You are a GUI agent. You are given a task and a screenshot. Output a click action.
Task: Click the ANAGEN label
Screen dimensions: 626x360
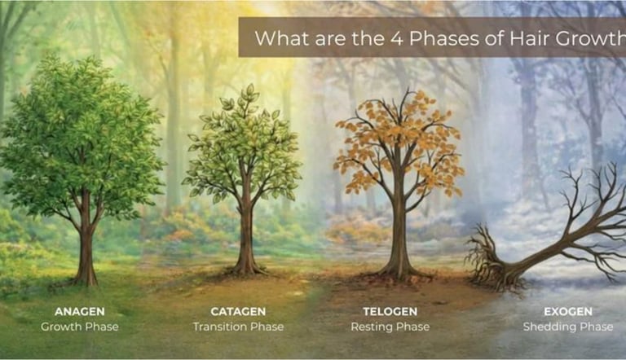pos(79,311)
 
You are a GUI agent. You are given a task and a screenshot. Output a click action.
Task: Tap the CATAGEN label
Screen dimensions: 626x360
pos(238,311)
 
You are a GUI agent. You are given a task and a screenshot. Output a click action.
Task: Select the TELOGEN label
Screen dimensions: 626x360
pos(390,311)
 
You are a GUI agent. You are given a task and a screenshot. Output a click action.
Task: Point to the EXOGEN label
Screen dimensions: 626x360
pos(567,311)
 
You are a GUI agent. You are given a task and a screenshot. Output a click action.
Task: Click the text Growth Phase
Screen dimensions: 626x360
pos(79,327)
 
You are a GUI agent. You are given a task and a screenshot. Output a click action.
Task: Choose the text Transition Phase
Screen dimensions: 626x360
pos(238,327)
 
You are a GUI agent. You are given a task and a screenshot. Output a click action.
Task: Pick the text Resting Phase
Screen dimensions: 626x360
pos(390,327)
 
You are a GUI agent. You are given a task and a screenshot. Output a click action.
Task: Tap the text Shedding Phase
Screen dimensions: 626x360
pos(567,327)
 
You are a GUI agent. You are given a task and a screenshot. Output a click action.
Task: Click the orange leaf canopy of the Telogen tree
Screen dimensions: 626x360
pos(399,143)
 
